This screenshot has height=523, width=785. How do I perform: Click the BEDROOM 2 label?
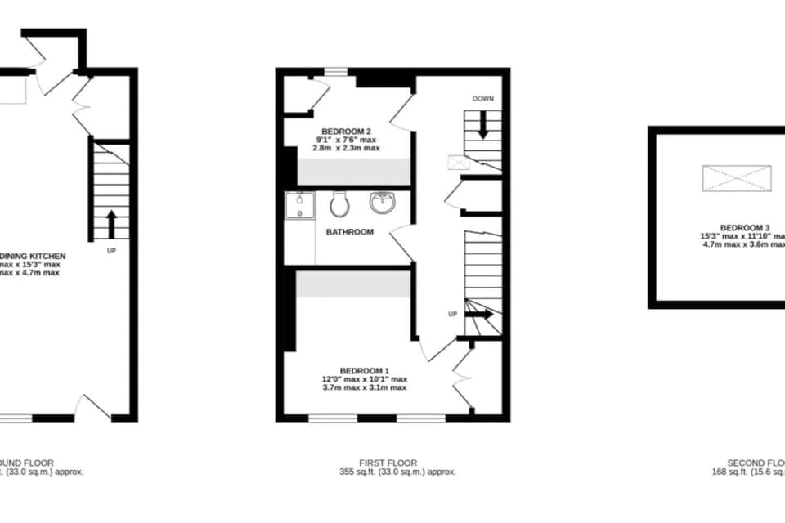347,132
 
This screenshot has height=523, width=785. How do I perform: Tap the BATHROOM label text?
350,232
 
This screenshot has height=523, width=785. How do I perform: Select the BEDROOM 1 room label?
364,370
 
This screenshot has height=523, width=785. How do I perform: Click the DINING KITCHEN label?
33,256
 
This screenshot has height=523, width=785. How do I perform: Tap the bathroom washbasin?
382,201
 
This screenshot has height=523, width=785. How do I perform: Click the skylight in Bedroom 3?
737,177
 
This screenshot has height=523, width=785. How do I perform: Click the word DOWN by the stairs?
482,99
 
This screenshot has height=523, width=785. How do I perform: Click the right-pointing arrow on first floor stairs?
481,314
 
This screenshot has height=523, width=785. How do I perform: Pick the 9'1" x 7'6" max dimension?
348,140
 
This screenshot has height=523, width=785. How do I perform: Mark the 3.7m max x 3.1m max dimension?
364,387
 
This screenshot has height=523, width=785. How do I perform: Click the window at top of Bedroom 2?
335,72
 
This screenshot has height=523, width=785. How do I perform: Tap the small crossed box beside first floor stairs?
455,162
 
